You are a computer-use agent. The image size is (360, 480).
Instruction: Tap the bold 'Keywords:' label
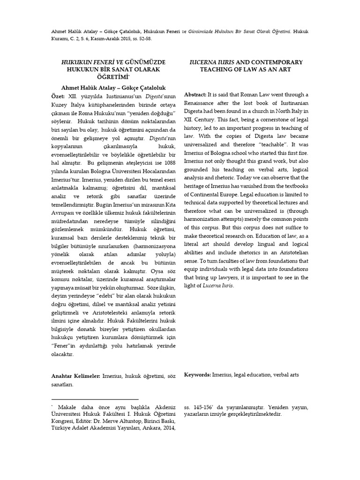coord(197,375)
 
